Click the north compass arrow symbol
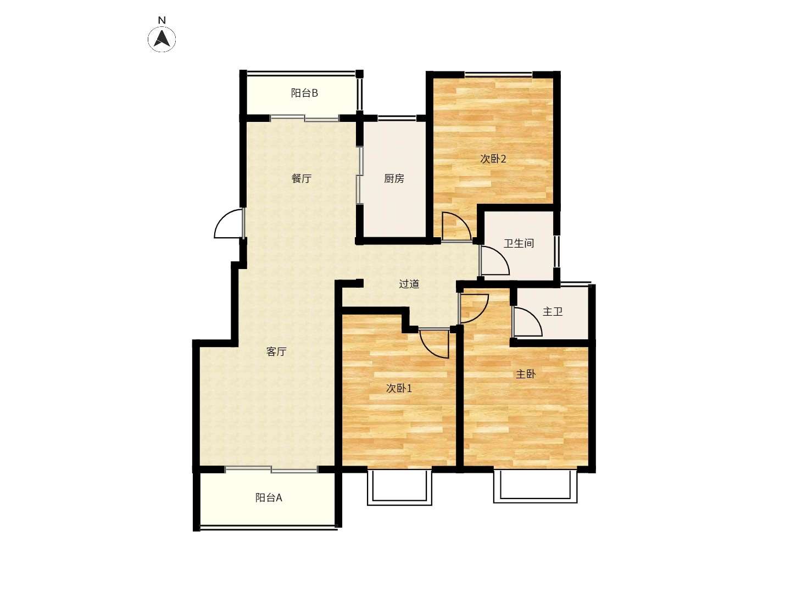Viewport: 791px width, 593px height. point(162,38)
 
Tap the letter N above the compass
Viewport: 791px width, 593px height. point(162,20)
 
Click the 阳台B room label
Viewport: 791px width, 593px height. point(304,93)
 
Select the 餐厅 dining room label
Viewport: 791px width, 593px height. point(301,178)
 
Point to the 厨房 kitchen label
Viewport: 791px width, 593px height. point(394,178)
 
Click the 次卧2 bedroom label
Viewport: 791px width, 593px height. point(493,159)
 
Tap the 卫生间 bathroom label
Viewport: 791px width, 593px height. point(519,244)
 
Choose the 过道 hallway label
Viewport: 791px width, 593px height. point(409,284)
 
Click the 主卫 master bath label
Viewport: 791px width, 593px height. point(553,311)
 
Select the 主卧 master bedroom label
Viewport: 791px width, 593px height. point(526,374)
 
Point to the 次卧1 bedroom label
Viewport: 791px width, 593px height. point(399,388)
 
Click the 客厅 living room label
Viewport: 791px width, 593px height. point(276,351)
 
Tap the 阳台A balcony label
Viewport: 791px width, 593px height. point(269,497)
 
